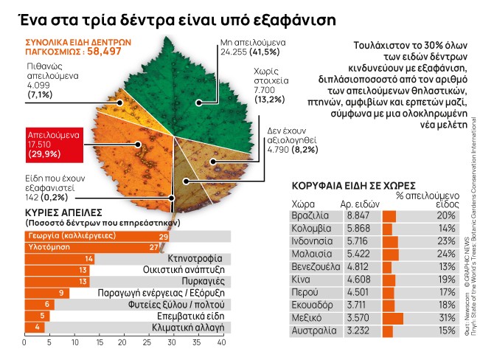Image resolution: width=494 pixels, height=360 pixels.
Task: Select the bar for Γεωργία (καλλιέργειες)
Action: click(x=97, y=236)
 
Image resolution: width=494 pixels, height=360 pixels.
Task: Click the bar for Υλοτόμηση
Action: click(x=92, y=247)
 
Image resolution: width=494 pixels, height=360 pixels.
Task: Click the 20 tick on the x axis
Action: click(x=122, y=342)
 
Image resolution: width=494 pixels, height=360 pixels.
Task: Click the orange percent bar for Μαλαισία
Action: click(x=391, y=259)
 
